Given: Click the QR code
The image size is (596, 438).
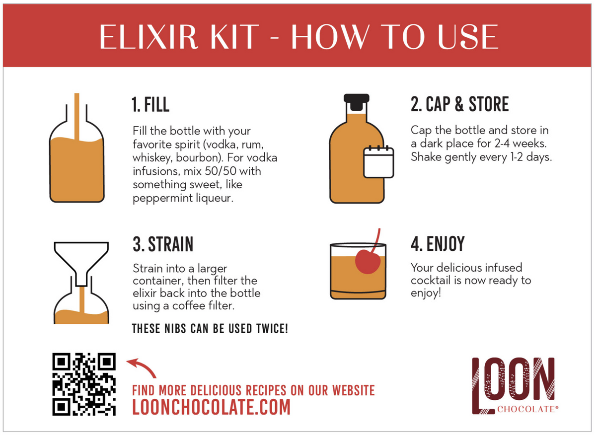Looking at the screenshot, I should pos(84,384).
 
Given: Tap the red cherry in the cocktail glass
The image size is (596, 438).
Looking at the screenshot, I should pos(368,261).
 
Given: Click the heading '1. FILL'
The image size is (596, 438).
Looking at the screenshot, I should pos(150,105).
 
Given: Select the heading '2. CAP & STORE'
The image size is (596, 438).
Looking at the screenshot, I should pos(459,105).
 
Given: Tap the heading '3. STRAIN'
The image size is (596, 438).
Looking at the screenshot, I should pos(163,244).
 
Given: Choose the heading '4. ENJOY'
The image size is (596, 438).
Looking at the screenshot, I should pos(438,244).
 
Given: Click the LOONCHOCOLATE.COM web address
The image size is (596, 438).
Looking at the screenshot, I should pos(211,407).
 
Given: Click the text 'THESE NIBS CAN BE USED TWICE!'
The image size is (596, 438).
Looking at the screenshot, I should pos(210,329).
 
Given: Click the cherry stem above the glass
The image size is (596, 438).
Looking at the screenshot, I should pos(376,240).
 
